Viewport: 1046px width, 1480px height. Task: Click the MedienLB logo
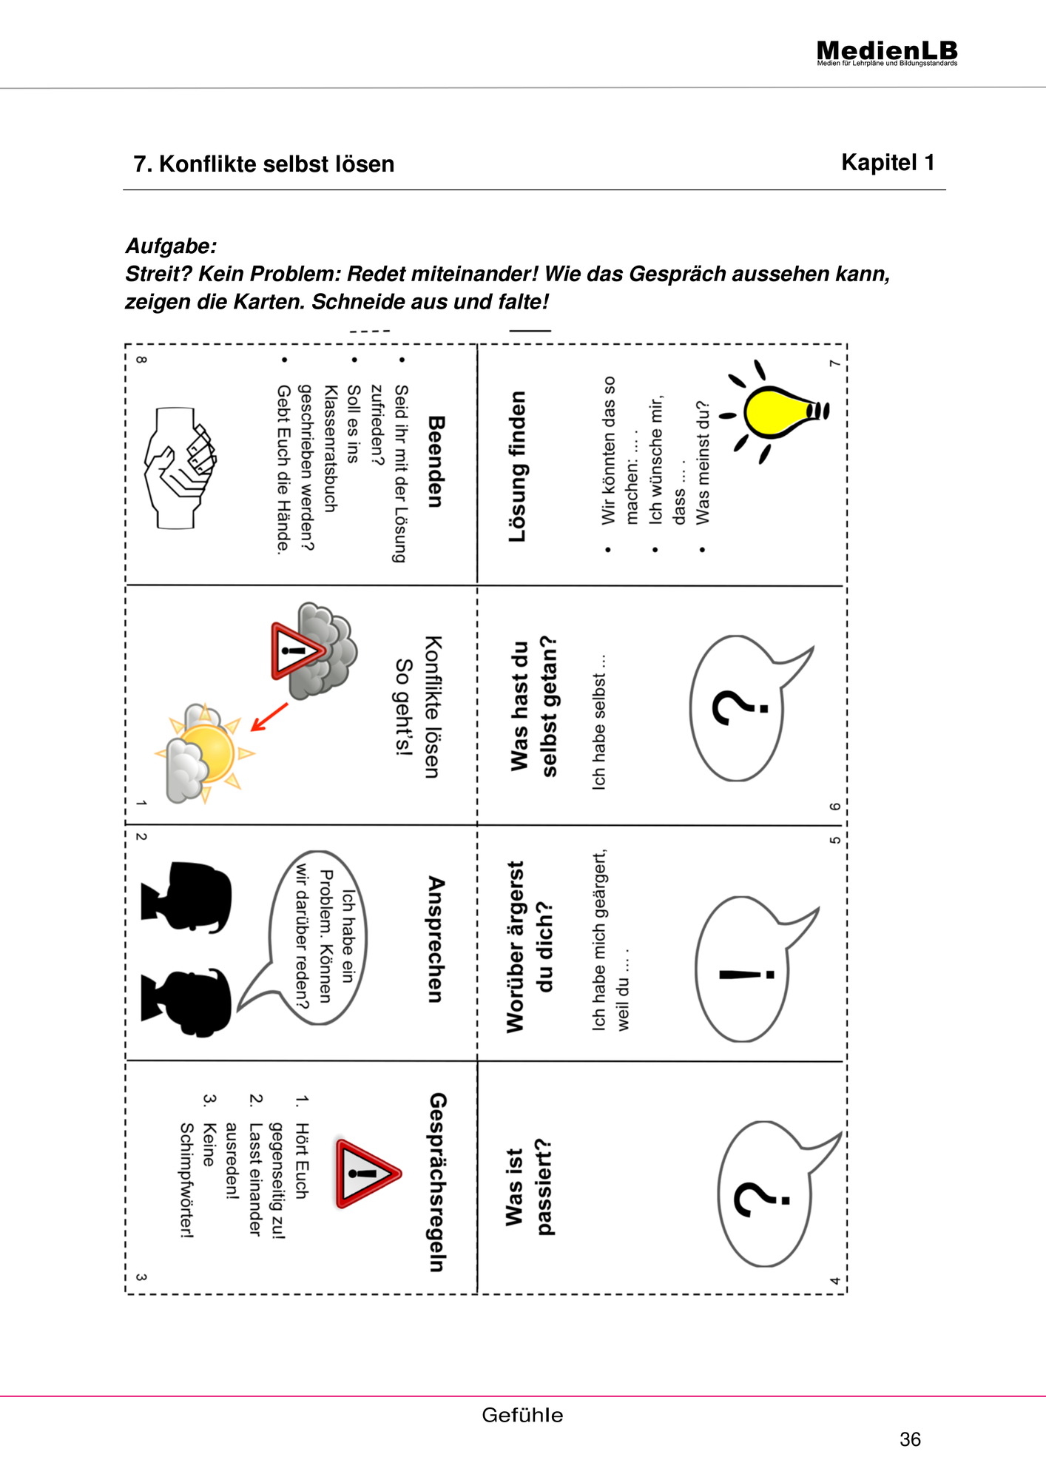[x=887, y=53]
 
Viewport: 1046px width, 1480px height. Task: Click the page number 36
[x=910, y=1439]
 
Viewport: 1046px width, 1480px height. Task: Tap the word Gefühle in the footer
[x=522, y=1415]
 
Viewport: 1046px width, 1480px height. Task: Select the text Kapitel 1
[x=888, y=162]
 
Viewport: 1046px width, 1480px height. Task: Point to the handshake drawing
[x=180, y=468]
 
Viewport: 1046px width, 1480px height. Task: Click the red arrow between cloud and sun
[x=269, y=716]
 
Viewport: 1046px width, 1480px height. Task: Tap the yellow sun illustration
[x=203, y=753]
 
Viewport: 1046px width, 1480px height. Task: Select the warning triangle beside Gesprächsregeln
[x=368, y=1174]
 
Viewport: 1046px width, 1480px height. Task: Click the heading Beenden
[x=436, y=462]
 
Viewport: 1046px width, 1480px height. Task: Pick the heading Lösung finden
[x=518, y=467]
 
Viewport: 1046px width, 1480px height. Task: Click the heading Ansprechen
[x=436, y=940]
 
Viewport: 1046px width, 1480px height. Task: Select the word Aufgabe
[x=171, y=246]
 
